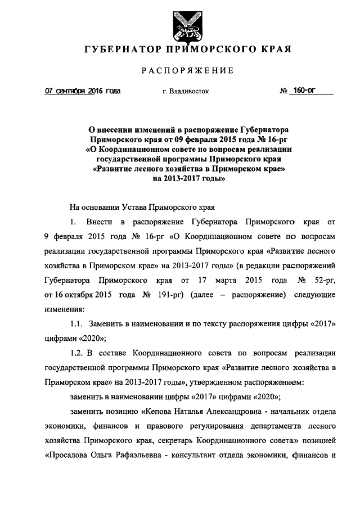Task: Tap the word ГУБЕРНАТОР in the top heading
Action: [119, 50]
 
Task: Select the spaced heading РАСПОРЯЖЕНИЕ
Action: [179, 71]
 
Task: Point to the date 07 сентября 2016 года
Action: [83, 91]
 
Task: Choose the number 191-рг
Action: [171, 294]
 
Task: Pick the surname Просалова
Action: [67, 455]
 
